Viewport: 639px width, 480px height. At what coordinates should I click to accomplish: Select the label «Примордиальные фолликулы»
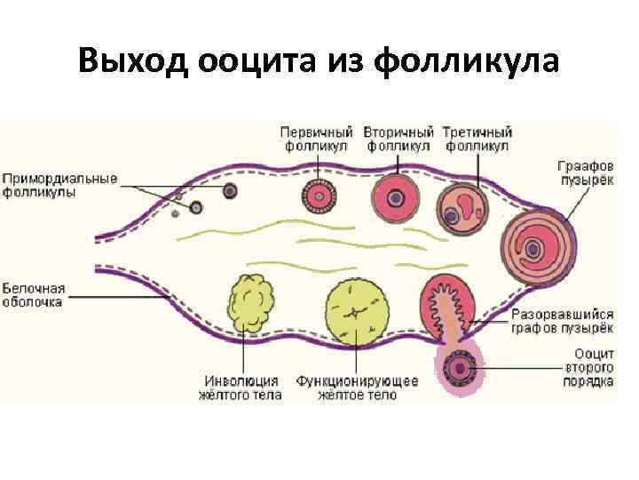[58, 185]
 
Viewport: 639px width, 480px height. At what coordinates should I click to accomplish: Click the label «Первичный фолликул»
[317, 139]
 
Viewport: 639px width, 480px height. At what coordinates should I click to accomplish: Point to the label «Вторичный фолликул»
[398, 139]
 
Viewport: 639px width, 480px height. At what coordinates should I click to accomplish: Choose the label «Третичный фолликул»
[477, 139]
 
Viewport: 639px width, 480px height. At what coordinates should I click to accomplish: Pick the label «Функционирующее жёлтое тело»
[357, 388]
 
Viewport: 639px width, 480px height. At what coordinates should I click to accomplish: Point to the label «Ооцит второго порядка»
[589, 368]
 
